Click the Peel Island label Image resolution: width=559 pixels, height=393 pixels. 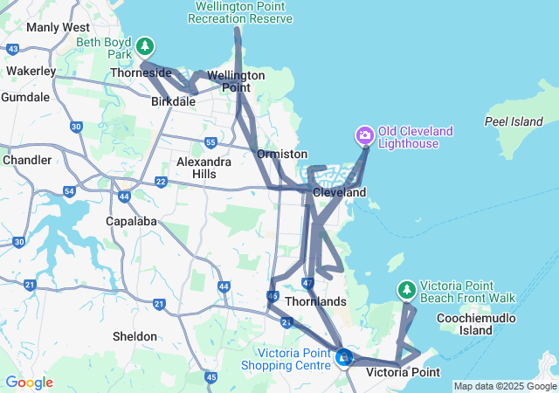point(514,122)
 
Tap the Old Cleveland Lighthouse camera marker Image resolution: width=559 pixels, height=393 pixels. point(364,135)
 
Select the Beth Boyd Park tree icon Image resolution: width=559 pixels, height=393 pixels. point(145,45)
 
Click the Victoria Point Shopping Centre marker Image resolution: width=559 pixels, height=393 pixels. point(344,356)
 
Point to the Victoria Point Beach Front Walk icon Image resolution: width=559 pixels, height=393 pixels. point(406,289)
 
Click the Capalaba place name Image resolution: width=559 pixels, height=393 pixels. point(132,221)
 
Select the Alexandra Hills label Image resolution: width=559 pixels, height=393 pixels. point(204,168)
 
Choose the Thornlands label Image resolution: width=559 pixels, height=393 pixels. point(321,301)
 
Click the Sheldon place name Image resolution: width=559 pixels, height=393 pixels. point(135,336)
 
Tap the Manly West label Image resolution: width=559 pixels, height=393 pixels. point(59,27)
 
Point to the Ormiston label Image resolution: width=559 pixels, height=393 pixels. point(282,154)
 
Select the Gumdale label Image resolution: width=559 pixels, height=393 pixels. point(25,97)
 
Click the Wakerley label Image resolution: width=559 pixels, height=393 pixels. point(31,71)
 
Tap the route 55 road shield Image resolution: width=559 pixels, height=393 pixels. point(210,141)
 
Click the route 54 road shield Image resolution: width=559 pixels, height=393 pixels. point(70,191)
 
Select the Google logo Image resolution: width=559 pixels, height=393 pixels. point(29,383)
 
